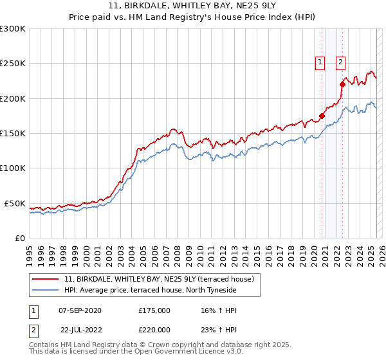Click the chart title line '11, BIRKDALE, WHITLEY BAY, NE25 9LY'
192,6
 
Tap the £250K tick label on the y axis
13,64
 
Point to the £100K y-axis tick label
13,168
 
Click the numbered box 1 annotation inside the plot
319,62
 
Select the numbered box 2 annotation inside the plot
340,62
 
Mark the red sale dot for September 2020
322,116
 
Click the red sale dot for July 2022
343,84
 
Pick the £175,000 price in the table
154,310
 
